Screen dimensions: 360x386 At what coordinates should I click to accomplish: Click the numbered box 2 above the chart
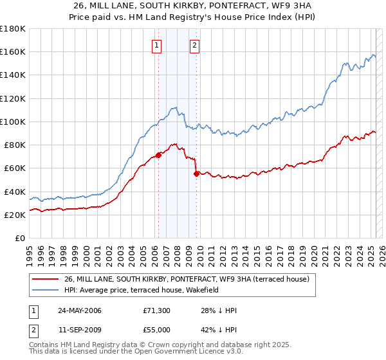click(x=194, y=45)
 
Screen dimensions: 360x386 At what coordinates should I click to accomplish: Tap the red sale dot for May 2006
click(x=158, y=155)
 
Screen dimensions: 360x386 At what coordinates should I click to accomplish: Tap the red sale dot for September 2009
click(x=196, y=174)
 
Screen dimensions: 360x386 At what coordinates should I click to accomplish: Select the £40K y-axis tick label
click(x=14, y=192)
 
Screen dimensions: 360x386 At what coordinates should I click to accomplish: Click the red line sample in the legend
click(x=45, y=279)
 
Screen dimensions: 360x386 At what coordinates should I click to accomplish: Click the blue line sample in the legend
click(x=45, y=290)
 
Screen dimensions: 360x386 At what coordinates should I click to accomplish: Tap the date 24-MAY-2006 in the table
click(x=80, y=310)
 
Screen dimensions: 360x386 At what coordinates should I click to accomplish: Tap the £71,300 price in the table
click(x=156, y=310)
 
